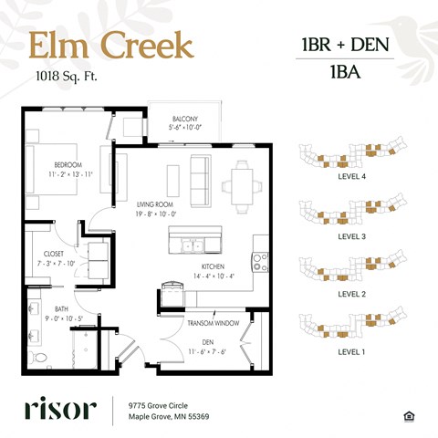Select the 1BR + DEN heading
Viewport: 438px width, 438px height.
347,45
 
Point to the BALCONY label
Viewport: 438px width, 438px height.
186,119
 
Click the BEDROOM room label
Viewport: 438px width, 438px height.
68,164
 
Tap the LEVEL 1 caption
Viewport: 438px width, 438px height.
351,351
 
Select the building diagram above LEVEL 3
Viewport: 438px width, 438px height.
351,214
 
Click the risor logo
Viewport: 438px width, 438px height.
59,408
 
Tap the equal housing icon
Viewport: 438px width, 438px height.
406,415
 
